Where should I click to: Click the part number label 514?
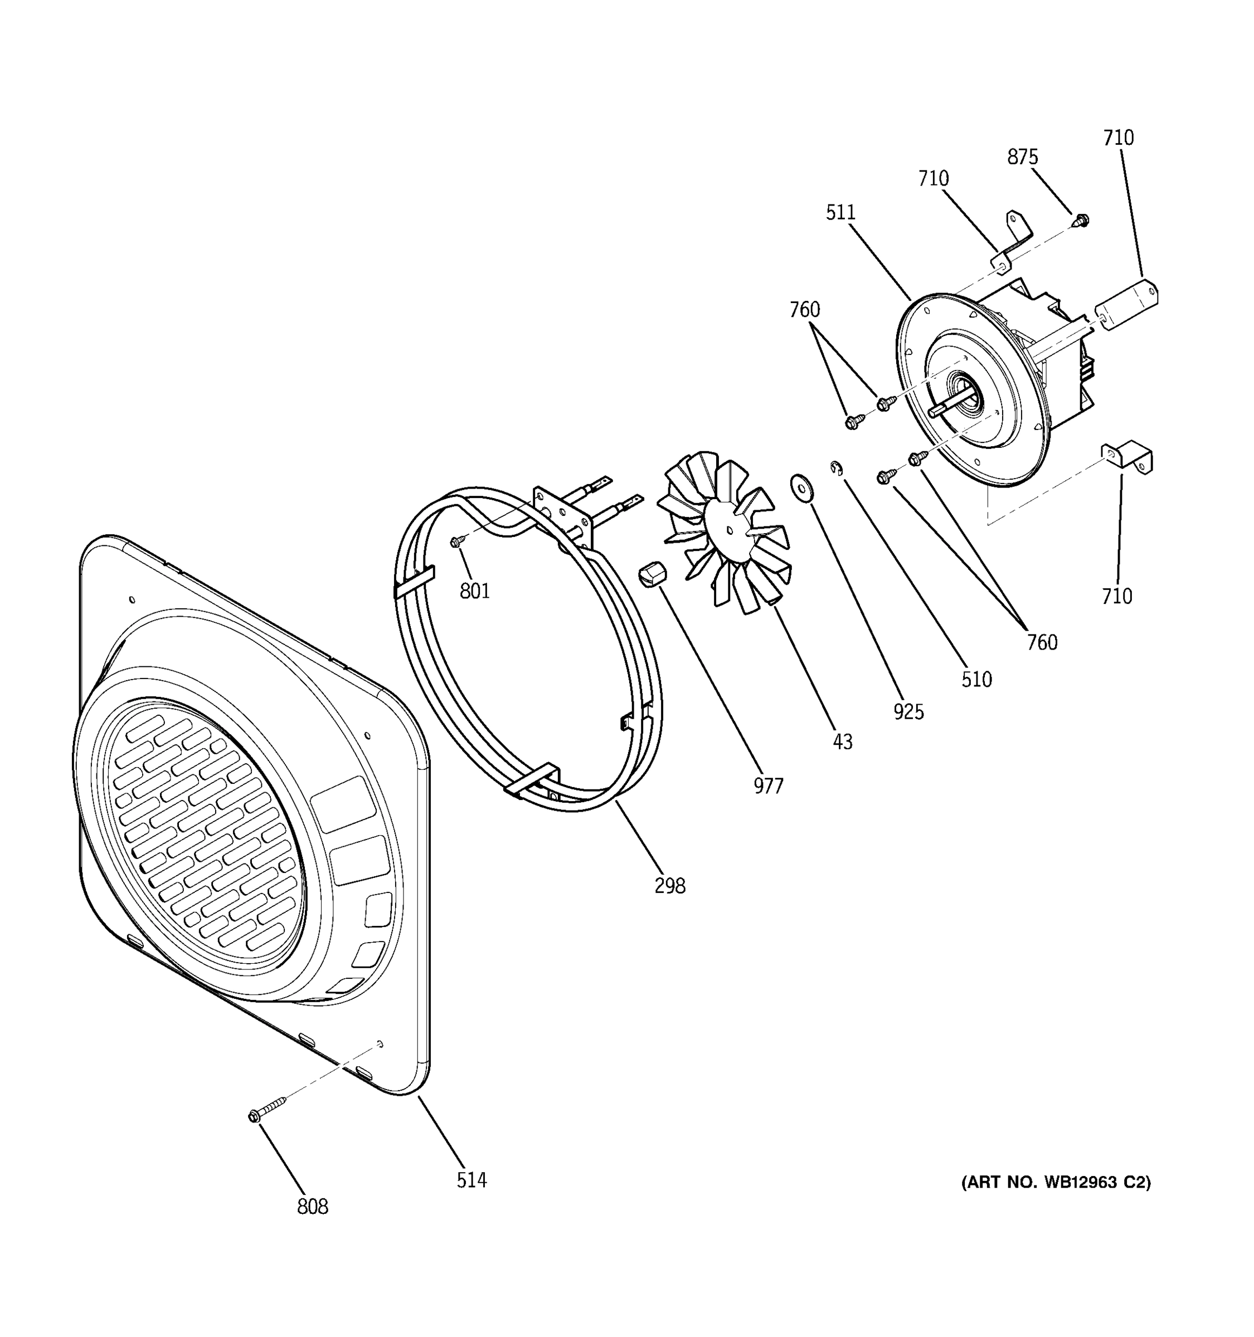[x=471, y=1180]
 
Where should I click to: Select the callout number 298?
[x=669, y=886]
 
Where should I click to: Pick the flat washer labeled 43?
[x=802, y=487]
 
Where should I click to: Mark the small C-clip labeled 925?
[x=836, y=467]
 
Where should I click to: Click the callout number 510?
[x=976, y=679]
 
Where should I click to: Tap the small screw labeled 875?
[x=1081, y=219]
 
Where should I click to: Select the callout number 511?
[x=840, y=212]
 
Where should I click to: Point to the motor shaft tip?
[x=932, y=412]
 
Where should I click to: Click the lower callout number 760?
[x=1042, y=642]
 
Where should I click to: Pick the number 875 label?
[x=1022, y=157]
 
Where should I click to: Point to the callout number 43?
[x=842, y=741]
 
